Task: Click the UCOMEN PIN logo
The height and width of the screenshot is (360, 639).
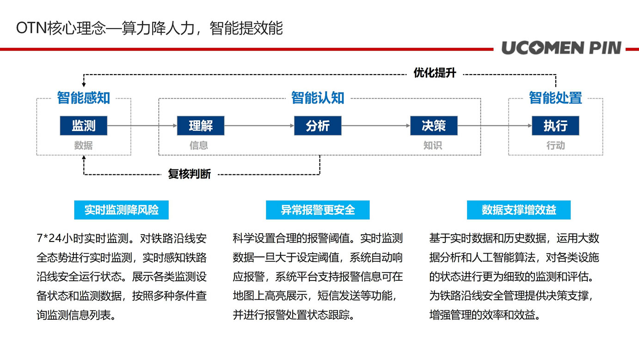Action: (x=561, y=48)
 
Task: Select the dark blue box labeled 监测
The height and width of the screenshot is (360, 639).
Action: (x=84, y=125)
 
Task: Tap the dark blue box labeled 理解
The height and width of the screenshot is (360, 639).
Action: (x=201, y=125)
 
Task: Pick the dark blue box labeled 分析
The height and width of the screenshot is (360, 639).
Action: (x=318, y=125)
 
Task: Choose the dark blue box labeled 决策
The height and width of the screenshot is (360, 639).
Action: (x=434, y=125)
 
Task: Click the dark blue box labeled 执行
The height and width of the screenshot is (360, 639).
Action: (x=555, y=125)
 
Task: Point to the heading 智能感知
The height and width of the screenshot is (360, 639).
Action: (x=84, y=98)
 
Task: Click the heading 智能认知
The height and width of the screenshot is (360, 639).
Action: (x=318, y=98)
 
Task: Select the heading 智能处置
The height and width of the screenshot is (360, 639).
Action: (x=555, y=98)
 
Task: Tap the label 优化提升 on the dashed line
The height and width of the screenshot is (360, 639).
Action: (x=435, y=73)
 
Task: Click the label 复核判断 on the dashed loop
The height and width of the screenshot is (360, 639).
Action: (x=190, y=174)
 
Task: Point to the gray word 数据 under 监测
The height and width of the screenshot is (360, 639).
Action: (x=83, y=146)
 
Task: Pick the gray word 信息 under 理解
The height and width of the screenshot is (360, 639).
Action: (x=199, y=146)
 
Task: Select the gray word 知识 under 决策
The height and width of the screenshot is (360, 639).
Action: (x=433, y=146)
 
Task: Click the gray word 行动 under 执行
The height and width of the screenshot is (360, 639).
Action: (x=555, y=146)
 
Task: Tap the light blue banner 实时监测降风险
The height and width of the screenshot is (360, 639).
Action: (x=121, y=210)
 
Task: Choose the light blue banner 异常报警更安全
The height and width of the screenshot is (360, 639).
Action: (x=318, y=210)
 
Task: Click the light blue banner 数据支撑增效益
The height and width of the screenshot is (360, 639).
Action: (x=519, y=210)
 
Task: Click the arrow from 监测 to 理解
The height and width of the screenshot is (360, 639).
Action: (x=142, y=125)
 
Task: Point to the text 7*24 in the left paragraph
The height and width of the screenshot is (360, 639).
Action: (x=49, y=238)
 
